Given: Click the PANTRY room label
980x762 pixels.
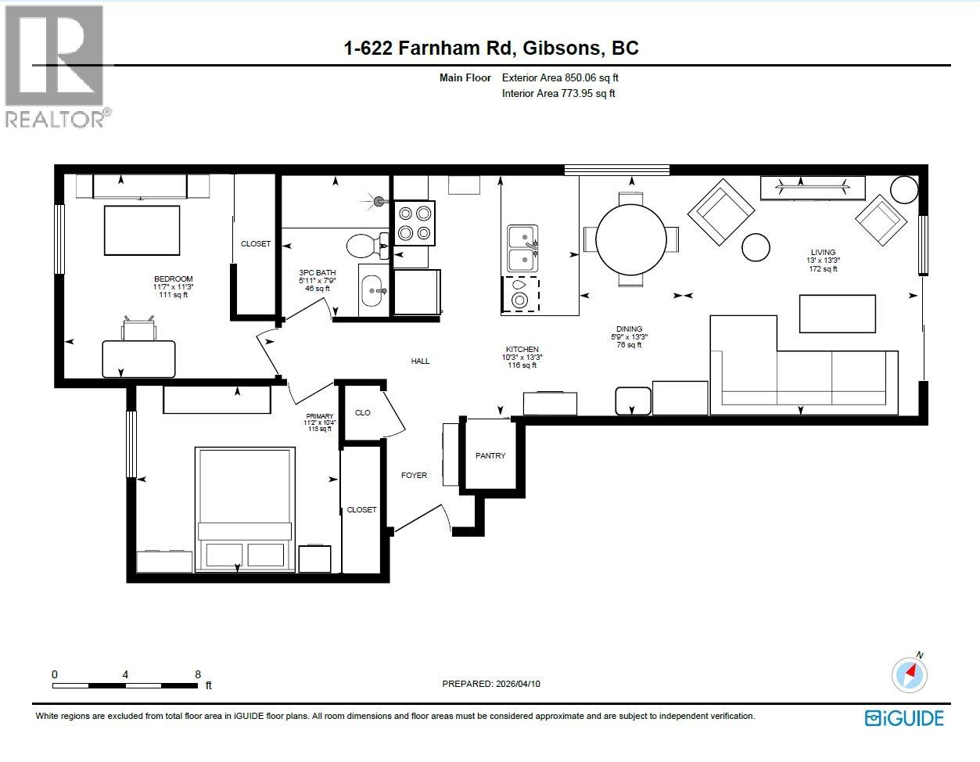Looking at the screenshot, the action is pyautogui.click(x=490, y=456).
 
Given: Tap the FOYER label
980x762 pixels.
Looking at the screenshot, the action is pyautogui.click(x=414, y=475).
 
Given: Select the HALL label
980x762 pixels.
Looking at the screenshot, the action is pyautogui.click(x=420, y=361).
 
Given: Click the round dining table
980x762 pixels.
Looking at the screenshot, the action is pyautogui.click(x=631, y=239).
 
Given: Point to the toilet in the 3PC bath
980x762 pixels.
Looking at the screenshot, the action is pyautogui.click(x=367, y=246).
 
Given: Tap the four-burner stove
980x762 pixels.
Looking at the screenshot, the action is pyautogui.click(x=415, y=223).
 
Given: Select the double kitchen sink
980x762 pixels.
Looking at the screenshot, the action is pyautogui.click(x=522, y=249).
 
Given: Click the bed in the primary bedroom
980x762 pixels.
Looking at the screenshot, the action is pyautogui.click(x=245, y=509).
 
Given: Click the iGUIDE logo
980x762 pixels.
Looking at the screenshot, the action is pyautogui.click(x=904, y=718).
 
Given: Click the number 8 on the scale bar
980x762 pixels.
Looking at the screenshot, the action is pyautogui.click(x=198, y=674).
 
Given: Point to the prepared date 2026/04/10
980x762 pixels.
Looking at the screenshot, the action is pyautogui.click(x=519, y=684).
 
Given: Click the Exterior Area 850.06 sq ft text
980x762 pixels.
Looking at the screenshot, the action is pyautogui.click(x=560, y=77).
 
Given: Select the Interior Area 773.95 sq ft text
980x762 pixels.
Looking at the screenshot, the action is pyautogui.click(x=558, y=93).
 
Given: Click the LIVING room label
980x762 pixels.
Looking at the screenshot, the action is pyautogui.click(x=823, y=253).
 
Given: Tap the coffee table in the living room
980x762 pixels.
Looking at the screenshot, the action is pyautogui.click(x=838, y=314).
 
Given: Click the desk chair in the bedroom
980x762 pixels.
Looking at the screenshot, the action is pyautogui.click(x=139, y=329).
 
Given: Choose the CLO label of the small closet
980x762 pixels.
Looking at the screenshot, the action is pyautogui.click(x=363, y=412).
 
